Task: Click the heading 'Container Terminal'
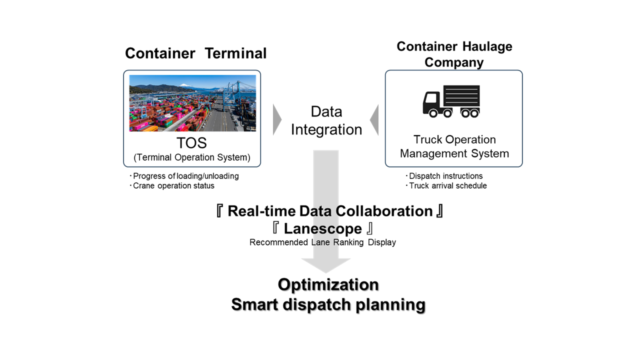tap(195, 53)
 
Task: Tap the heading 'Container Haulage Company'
tap(454, 54)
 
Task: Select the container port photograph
tap(192, 103)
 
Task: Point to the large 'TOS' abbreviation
tap(192, 143)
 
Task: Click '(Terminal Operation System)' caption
tap(192, 157)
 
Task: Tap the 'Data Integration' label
tap(326, 120)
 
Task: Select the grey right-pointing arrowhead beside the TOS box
tap(277, 120)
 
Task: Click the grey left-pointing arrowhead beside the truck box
tap(374, 120)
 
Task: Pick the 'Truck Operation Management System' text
tap(454, 146)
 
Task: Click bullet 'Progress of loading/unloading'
tap(185, 176)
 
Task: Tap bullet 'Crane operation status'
tap(173, 186)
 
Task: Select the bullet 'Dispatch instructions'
tap(445, 176)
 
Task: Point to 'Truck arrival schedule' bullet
tap(447, 186)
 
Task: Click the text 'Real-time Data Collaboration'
tap(330, 211)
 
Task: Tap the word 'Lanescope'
tap(322, 229)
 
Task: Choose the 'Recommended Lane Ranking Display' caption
tap(322, 242)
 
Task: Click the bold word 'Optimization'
tap(328, 284)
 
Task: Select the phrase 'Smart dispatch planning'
tap(328, 304)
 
